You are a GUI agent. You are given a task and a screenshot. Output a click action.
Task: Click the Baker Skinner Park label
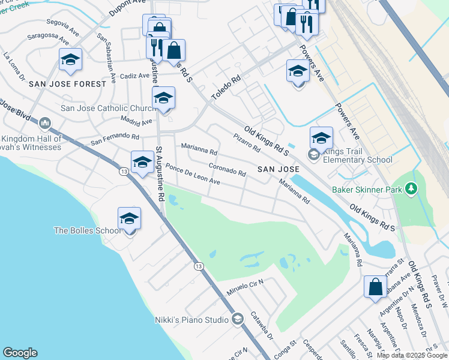tap(367, 190)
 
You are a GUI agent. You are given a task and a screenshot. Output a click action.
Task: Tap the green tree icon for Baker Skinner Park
tap(411, 190)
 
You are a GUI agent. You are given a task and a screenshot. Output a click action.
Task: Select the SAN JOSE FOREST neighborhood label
tap(67, 84)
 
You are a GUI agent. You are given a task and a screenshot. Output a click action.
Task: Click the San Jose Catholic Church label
tap(109, 109)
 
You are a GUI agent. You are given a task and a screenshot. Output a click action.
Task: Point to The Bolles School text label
tap(87, 230)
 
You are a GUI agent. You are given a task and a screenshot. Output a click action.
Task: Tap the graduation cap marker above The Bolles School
tap(129, 219)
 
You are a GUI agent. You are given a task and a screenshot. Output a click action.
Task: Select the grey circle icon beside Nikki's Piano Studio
tap(237, 319)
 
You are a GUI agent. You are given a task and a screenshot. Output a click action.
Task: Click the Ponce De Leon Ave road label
tap(193, 174)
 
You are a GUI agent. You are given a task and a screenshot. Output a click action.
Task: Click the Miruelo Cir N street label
tap(245, 286)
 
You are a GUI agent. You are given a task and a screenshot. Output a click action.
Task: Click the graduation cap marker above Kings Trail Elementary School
tap(321, 138)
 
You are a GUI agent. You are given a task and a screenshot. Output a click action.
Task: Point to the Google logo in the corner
tap(20, 353)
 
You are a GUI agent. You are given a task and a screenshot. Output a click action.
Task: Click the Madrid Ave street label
tap(137, 122)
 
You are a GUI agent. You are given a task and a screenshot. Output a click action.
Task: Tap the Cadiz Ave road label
tap(135, 76)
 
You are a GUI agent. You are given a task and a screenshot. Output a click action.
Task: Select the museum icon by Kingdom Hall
tap(44, 124)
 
